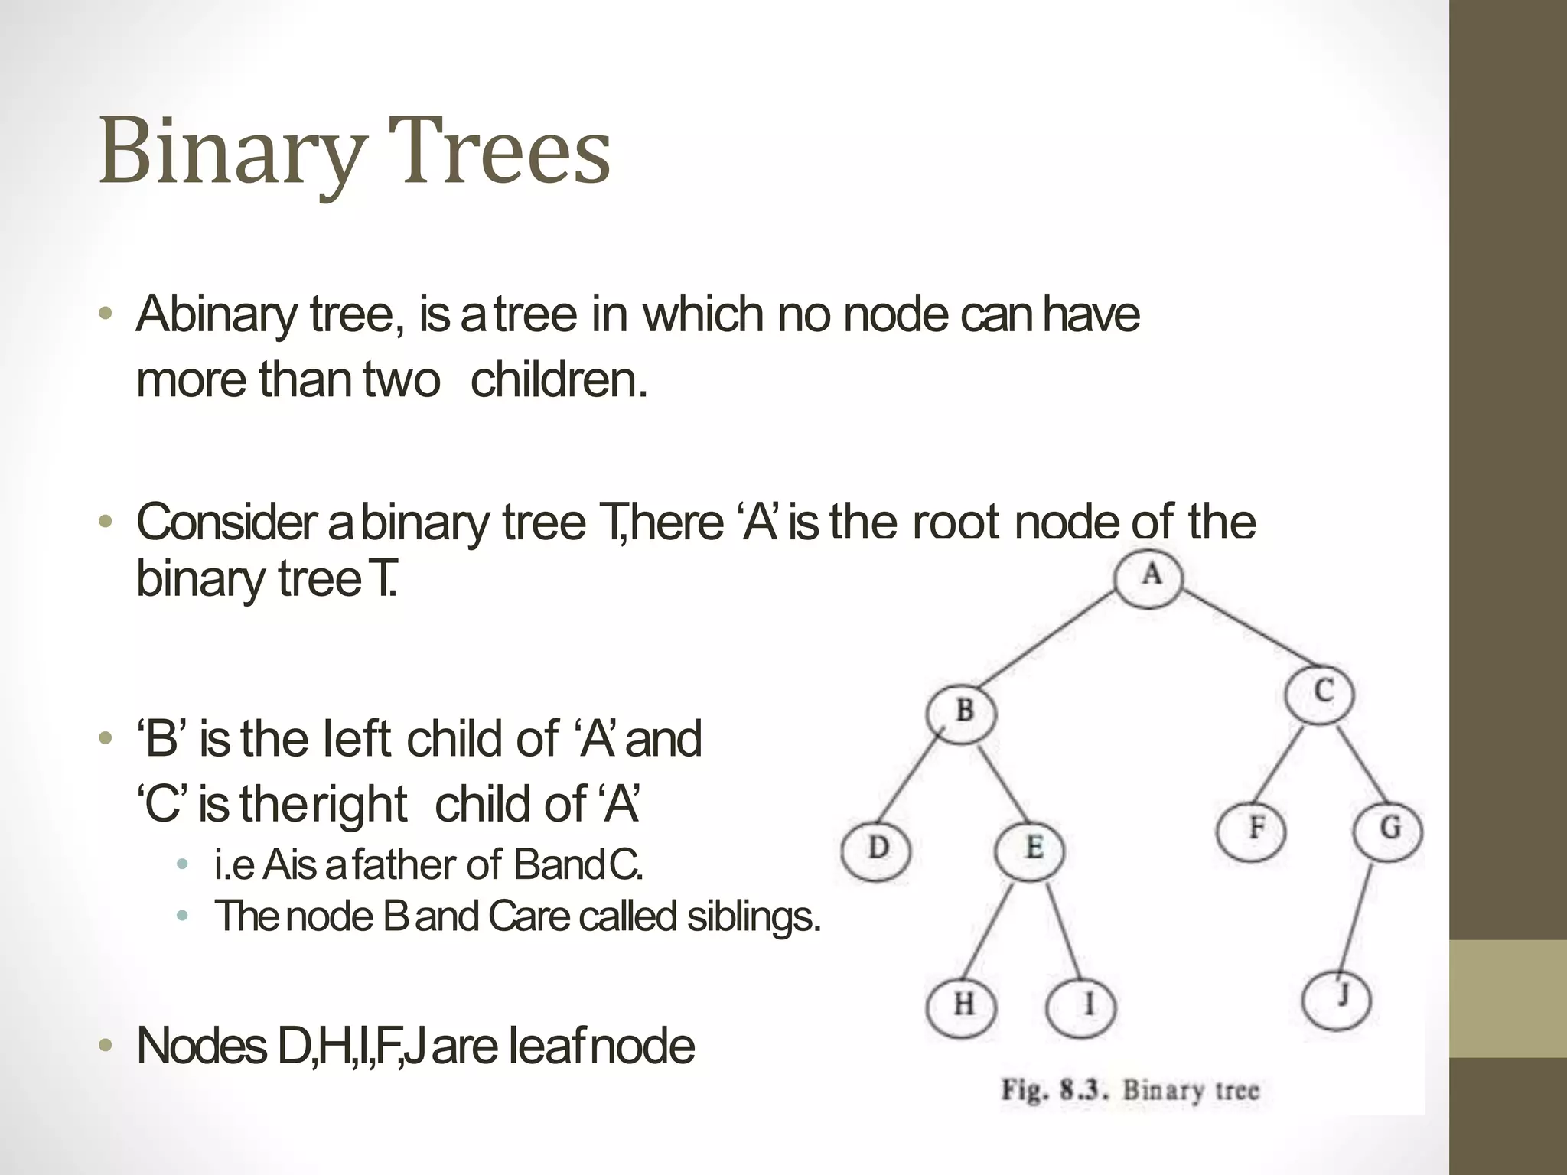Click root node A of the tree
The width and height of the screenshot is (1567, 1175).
1148,577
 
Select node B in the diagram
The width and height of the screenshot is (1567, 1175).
962,711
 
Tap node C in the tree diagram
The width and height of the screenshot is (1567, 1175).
1320,693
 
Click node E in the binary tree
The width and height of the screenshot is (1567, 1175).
1031,849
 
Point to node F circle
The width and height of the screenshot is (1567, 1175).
1253,829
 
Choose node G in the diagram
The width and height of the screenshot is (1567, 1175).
1388,829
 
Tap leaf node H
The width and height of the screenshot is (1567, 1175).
962,1005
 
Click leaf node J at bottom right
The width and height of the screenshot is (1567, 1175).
1337,999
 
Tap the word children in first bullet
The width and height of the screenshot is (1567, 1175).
559,379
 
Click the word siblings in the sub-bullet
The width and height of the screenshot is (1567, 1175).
753,916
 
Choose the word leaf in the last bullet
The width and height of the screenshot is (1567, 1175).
546,1046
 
